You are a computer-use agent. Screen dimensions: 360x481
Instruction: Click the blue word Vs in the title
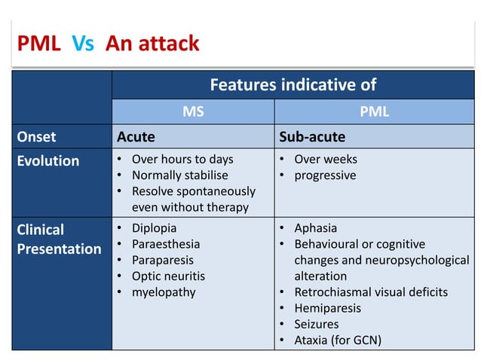coord(83,44)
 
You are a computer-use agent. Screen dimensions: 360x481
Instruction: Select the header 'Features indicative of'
coord(293,84)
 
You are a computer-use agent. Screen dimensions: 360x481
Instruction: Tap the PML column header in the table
coord(375,111)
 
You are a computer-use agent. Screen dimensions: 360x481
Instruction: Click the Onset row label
coord(36,136)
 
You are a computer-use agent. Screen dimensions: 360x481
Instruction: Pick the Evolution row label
coord(47,160)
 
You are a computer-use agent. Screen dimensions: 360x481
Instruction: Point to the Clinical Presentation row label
coord(59,239)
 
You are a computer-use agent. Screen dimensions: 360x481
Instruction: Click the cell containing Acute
coord(136,136)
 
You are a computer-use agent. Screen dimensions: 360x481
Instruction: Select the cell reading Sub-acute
coord(312,136)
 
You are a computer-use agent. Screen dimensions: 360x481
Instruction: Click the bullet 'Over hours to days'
coord(182,159)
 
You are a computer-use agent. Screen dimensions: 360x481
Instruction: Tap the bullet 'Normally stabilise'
coord(179,175)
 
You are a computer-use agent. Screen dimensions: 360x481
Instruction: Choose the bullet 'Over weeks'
coord(326,159)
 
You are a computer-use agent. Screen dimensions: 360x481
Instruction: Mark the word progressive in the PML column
coord(325,175)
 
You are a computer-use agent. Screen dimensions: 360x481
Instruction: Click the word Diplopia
coord(154,227)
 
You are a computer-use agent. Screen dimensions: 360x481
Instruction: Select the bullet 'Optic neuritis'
coord(168,276)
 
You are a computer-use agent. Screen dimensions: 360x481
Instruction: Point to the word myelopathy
coord(164,291)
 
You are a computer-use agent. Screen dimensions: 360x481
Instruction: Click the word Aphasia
coord(315,227)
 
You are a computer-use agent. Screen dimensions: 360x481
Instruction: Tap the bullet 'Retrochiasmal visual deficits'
coord(370,291)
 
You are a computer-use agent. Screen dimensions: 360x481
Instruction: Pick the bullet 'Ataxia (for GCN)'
coord(338,340)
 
